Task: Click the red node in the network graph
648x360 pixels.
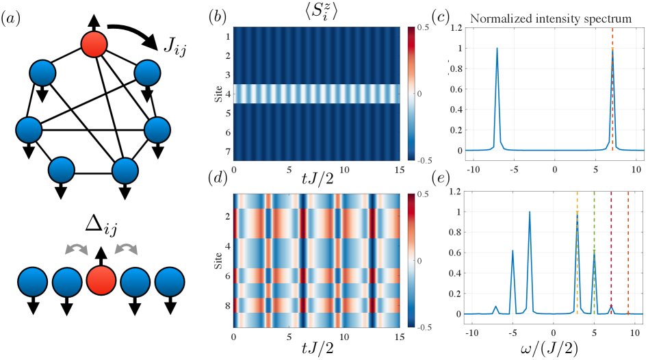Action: [x=94, y=45]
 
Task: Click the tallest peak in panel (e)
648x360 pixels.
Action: [x=530, y=212]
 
